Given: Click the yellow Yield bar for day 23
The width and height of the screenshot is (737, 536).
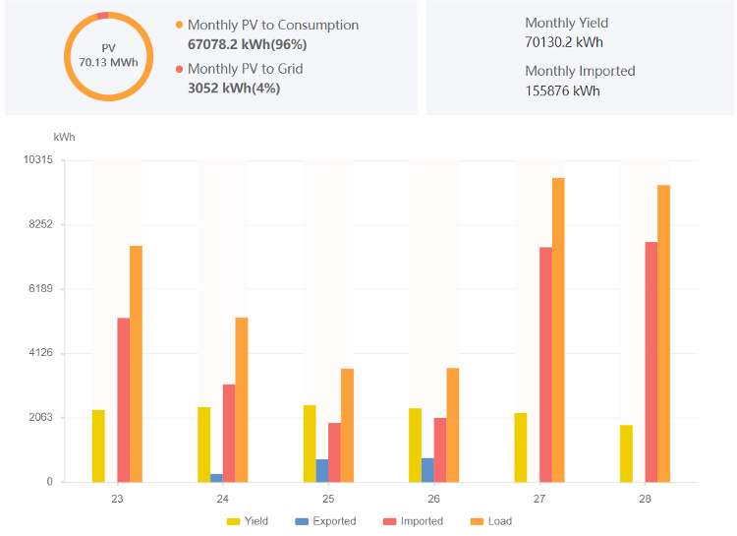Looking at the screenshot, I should coord(98,446).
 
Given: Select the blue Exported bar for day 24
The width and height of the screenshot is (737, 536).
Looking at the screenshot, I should coord(216,478).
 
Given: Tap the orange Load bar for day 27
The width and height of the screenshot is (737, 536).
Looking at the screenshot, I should coord(558,329).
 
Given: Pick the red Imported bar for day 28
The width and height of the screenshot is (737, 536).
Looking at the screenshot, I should coord(652,362).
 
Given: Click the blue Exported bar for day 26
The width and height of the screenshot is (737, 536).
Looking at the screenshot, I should coord(427,470).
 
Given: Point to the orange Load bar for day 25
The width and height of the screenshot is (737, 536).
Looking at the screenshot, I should coord(347,425).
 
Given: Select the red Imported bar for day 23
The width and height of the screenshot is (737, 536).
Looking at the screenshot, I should coord(123,399).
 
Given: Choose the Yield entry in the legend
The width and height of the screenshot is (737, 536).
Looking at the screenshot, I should coord(248,521).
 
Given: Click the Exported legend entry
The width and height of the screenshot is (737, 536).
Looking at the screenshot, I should coord(325,521).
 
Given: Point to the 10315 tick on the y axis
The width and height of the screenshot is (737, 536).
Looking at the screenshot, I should coord(39,159).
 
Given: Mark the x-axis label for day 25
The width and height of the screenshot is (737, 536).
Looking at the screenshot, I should coord(328,500).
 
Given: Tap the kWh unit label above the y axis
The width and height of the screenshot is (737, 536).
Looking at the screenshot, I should coord(64,137).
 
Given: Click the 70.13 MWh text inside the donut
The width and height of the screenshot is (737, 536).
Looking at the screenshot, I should coord(108,62).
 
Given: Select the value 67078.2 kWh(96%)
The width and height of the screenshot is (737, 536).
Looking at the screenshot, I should coord(247,44).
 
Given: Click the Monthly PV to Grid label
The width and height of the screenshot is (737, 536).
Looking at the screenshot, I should coord(245,69).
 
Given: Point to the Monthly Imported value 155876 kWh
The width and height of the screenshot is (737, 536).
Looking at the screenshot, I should coord(562,90).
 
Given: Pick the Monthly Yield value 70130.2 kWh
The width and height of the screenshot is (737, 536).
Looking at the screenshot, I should coord(564,42).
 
